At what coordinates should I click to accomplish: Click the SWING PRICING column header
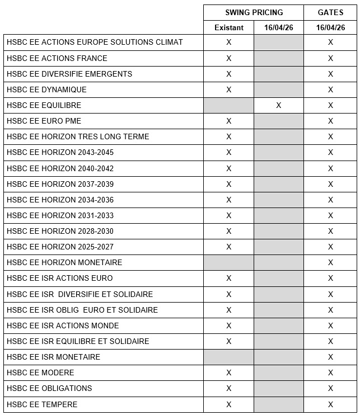[254, 12]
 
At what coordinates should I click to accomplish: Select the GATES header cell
[330, 12]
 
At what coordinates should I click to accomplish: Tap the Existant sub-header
[228, 27]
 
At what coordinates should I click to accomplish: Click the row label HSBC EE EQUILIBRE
[44, 105]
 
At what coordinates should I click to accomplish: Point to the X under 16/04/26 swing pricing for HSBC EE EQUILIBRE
[279, 105]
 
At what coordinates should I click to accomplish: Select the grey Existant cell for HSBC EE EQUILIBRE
[228, 105]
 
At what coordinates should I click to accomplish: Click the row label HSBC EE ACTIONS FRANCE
[57, 58]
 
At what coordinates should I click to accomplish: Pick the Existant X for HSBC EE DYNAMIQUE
[228, 89]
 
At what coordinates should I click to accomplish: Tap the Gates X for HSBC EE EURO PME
[330, 121]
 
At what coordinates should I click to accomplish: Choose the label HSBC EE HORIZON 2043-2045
[60, 152]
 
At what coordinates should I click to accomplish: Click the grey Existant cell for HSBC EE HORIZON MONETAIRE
[228, 262]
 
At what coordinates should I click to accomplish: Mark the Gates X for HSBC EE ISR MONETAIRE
[330, 357]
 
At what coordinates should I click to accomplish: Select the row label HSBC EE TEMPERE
[42, 404]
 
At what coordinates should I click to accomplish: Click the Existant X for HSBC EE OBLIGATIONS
[228, 388]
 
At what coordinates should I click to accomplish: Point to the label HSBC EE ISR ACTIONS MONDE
[63, 326]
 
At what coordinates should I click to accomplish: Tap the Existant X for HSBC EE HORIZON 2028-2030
[228, 231]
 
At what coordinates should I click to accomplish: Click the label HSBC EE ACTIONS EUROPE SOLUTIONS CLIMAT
[95, 42]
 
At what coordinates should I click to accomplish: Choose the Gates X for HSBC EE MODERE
[330, 372]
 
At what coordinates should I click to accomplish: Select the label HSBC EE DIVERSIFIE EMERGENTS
[69, 74]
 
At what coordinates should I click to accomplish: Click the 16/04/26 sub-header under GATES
[330, 27]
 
